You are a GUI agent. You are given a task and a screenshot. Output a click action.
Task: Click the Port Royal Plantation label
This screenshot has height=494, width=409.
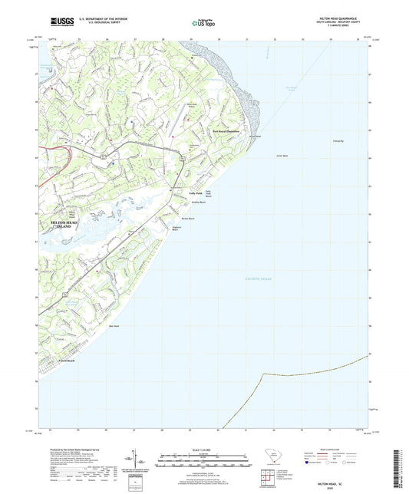[226, 131]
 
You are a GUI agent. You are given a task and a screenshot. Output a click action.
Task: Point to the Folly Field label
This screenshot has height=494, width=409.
[195, 193]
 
